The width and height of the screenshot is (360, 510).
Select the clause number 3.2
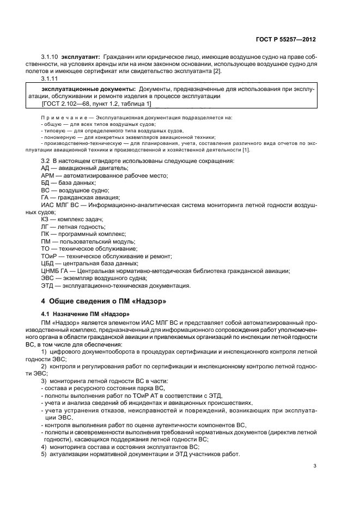point(45,161)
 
